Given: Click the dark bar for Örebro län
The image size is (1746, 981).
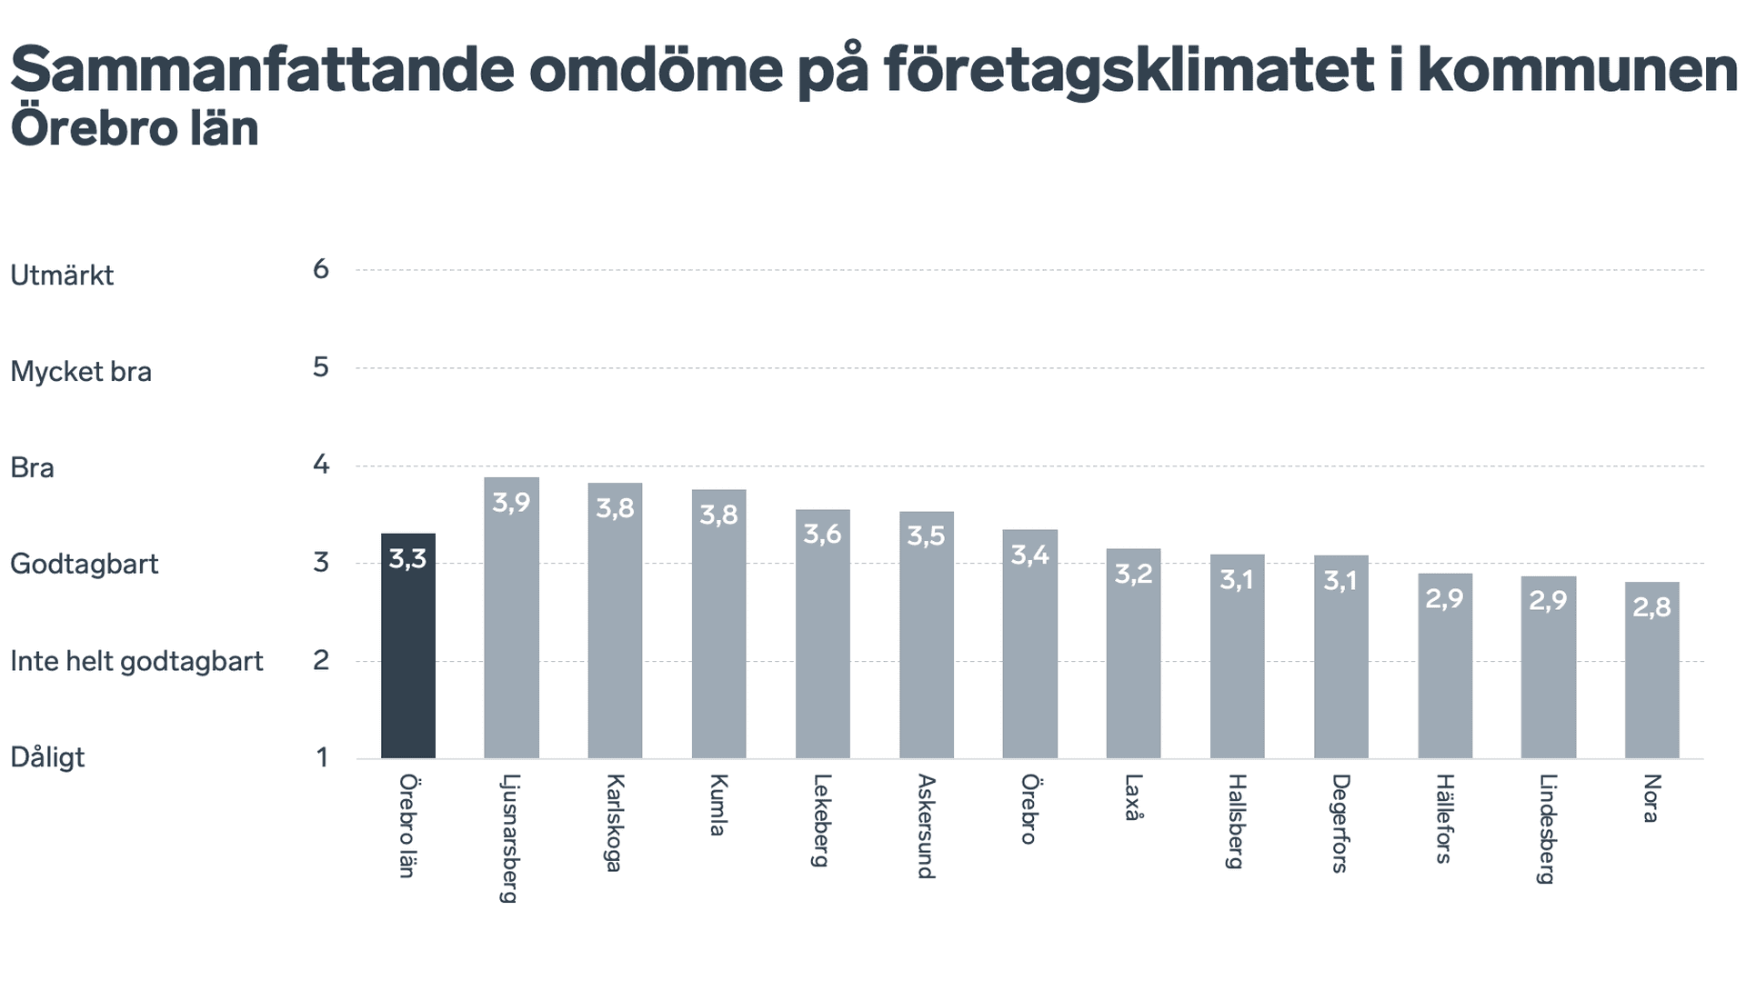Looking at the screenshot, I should [x=407, y=646].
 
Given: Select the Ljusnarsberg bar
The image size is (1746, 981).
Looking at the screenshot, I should [x=511, y=618].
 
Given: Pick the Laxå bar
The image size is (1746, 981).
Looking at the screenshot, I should [x=1133, y=654].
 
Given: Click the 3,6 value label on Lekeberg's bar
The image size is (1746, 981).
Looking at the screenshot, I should [x=822, y=534].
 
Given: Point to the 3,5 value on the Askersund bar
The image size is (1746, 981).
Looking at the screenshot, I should [x=926, y=536].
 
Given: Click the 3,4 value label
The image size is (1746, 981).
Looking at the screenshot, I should [x=1029, y=555].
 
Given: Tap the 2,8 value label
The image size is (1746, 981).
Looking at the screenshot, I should [x=1651, y=606].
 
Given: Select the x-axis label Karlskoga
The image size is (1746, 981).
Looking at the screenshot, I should [x=615, y=823].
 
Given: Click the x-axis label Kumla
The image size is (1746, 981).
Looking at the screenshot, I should [x=718, y=805].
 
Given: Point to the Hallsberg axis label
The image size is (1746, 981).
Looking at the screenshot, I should [x=1236, y=821].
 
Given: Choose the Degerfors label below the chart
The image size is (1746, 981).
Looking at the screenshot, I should [x=1340, y=823].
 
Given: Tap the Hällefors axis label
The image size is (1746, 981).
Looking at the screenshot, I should [x=1444, y=818].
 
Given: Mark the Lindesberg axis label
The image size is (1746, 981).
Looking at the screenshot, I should [x=1547, y=828].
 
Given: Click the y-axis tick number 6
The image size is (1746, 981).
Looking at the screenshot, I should [x=321, y=269].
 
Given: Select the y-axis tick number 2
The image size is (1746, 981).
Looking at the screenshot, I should [x=321, y=660].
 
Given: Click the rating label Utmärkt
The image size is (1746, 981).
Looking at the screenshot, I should [x=62, y=275].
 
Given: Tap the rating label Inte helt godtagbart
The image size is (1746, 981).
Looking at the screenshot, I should [x=136, y=661].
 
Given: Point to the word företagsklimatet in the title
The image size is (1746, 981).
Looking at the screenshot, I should [x=1128, y=69].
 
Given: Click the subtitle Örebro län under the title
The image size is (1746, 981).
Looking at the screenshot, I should [x=135, y=128].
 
